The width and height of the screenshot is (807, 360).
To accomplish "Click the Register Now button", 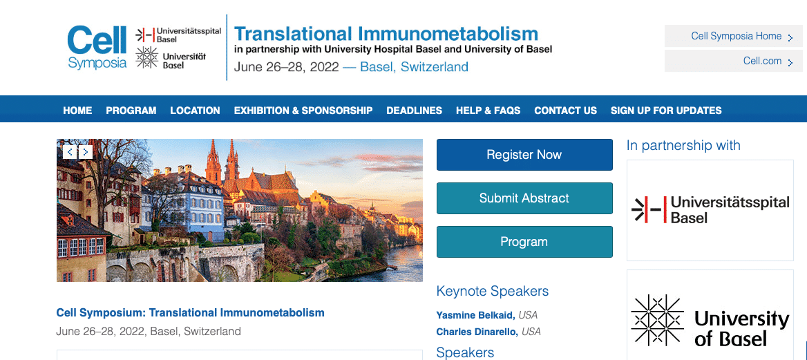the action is tap(524, 155).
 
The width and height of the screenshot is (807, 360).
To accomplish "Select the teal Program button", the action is tap(524, 242).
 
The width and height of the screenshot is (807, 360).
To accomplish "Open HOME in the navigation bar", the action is tap(77, 111).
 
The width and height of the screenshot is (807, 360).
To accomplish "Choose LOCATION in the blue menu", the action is tap(195, 111).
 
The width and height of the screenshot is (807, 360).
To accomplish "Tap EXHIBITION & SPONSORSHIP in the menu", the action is tap(303, 111).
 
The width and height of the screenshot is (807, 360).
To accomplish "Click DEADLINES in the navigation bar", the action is tap(415, 111).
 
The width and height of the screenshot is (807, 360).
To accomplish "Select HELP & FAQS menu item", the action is tap(488, 111).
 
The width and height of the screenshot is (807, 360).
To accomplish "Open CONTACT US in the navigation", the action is tap(566, 111).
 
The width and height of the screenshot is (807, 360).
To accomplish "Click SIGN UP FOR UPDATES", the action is tap(666, 111).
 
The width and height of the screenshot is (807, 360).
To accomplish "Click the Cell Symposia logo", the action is tap(97, 48).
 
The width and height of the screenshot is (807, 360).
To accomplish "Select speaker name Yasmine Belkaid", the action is tap(476, 315).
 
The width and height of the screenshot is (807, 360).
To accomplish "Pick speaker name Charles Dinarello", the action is tap(477, 332).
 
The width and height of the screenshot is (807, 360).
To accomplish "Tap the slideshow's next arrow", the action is tap(86, 152).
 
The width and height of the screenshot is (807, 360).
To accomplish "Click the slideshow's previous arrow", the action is tap(70, 152).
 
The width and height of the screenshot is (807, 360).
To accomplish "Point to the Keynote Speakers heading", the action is tap(493, 291).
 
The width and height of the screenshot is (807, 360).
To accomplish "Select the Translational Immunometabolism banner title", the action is tap(386, 34).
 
